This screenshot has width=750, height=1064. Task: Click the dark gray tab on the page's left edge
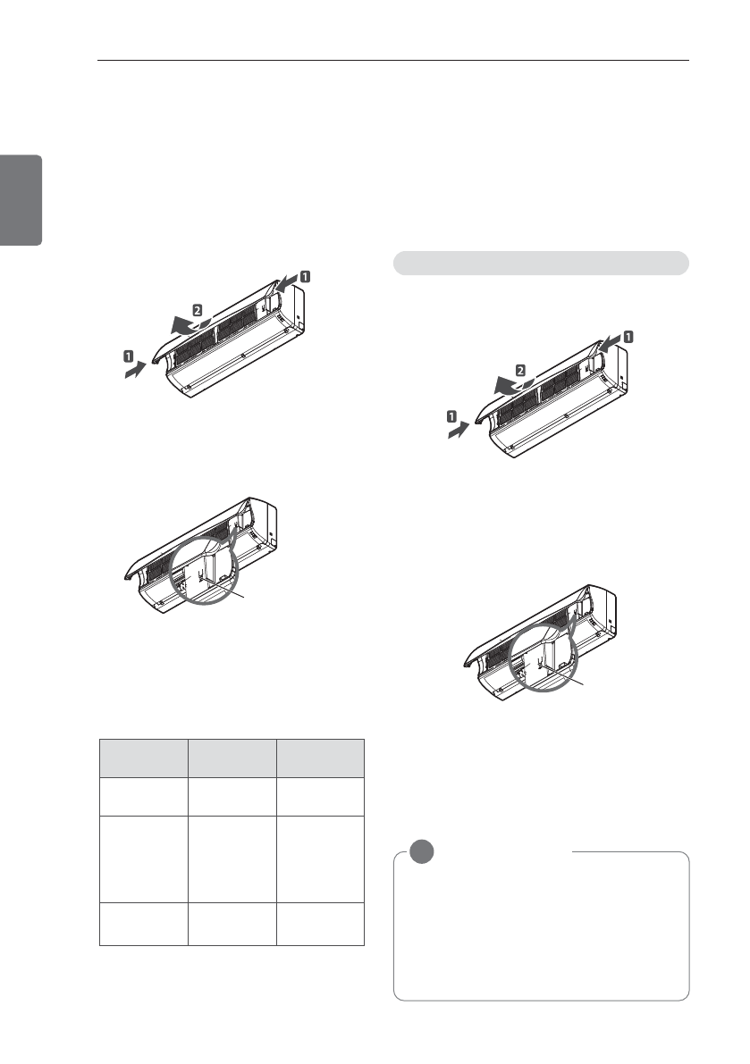[x=21, y=200]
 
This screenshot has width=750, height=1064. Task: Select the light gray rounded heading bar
[x=541, y=263]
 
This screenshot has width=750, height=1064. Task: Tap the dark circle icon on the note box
[x=422, y=851]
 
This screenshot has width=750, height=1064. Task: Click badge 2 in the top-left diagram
[x=197, y=310]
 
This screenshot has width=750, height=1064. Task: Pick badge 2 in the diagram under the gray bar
[x=520, y=371]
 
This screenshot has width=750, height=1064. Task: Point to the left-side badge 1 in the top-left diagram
[x=129, y=355]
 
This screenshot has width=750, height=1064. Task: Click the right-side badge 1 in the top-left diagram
[x=306, y=276]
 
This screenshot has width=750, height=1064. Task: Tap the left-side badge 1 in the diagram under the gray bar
[x=451, y=416]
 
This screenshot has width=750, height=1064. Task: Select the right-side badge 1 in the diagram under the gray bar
[x=628, y=337]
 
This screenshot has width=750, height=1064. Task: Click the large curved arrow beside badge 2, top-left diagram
[x=190, y=325]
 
